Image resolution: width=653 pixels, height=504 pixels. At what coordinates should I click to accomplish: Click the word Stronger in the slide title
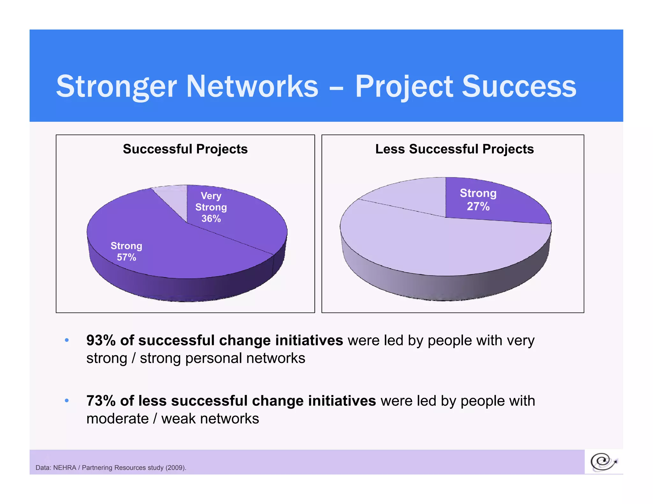point(116,87)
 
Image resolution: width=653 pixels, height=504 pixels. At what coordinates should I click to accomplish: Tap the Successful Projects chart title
point(185,149)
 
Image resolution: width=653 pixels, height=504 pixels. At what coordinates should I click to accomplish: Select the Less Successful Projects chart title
point(454,149)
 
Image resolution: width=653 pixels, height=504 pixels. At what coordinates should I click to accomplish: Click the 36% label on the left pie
point(211,219)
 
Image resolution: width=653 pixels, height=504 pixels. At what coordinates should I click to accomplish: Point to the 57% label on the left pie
point(126,257)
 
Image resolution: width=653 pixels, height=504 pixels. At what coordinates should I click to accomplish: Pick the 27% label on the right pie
point(478,206)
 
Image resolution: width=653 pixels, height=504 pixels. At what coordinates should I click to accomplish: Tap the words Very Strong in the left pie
point(211,201)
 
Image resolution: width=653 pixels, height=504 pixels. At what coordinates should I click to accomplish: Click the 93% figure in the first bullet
point(101,340)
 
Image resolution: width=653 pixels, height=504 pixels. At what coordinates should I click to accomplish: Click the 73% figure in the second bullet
point(101,401)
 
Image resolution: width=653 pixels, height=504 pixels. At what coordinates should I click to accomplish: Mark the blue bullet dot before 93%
point(67,340)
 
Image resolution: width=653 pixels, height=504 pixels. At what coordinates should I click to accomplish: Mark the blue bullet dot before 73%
point(67,401)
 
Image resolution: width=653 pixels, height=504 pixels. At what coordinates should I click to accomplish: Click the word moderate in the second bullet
point(117,419)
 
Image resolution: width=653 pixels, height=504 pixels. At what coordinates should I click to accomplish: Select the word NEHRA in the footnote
point(64,468)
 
